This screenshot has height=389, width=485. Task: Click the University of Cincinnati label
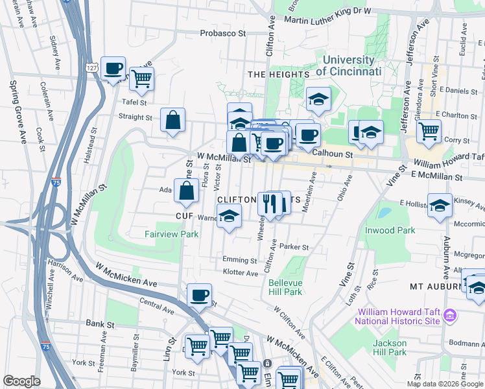click(348, 65)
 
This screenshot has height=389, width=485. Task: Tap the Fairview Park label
click(172, 234)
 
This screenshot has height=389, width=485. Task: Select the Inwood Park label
click(389, 230)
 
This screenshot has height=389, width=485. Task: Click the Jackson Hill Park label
click(389, 348)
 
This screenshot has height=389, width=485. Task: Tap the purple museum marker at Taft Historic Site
click(450, 316)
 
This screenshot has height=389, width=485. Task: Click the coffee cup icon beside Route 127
click(113, 68)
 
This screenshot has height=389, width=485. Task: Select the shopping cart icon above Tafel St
click(141, 79)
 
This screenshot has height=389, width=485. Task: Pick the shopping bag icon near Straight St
click(172, 120)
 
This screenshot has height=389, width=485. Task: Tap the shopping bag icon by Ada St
click(187, 191)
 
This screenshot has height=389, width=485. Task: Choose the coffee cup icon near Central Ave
click(199, 295)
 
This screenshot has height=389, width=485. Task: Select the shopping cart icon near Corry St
click(429, 131)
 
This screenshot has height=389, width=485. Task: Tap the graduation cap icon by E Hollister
click(440, 205)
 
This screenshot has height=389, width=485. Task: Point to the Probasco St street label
click(223, 33)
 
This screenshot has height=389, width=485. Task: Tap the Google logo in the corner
click(21, 381)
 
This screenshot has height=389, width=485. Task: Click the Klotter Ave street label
click(240, 274)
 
